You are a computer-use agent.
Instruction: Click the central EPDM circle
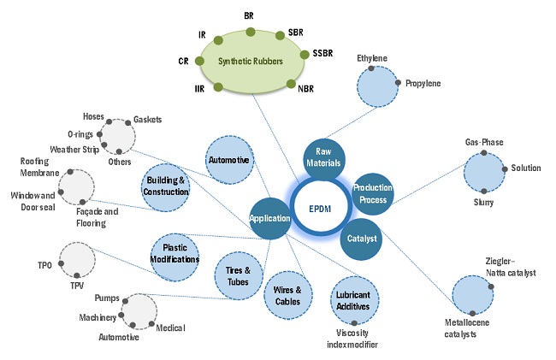click(x=324, y=207)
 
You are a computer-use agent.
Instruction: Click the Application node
click(x=269, y=218)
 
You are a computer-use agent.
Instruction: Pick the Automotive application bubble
click(x=229, y=160)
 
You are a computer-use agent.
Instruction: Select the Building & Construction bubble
click(x=165, y=186)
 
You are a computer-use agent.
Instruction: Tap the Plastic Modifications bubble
click(x=175, y=254)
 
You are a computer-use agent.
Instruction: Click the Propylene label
click(x=423, y=84)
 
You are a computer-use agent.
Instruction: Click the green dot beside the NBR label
click(x=292, y=84)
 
